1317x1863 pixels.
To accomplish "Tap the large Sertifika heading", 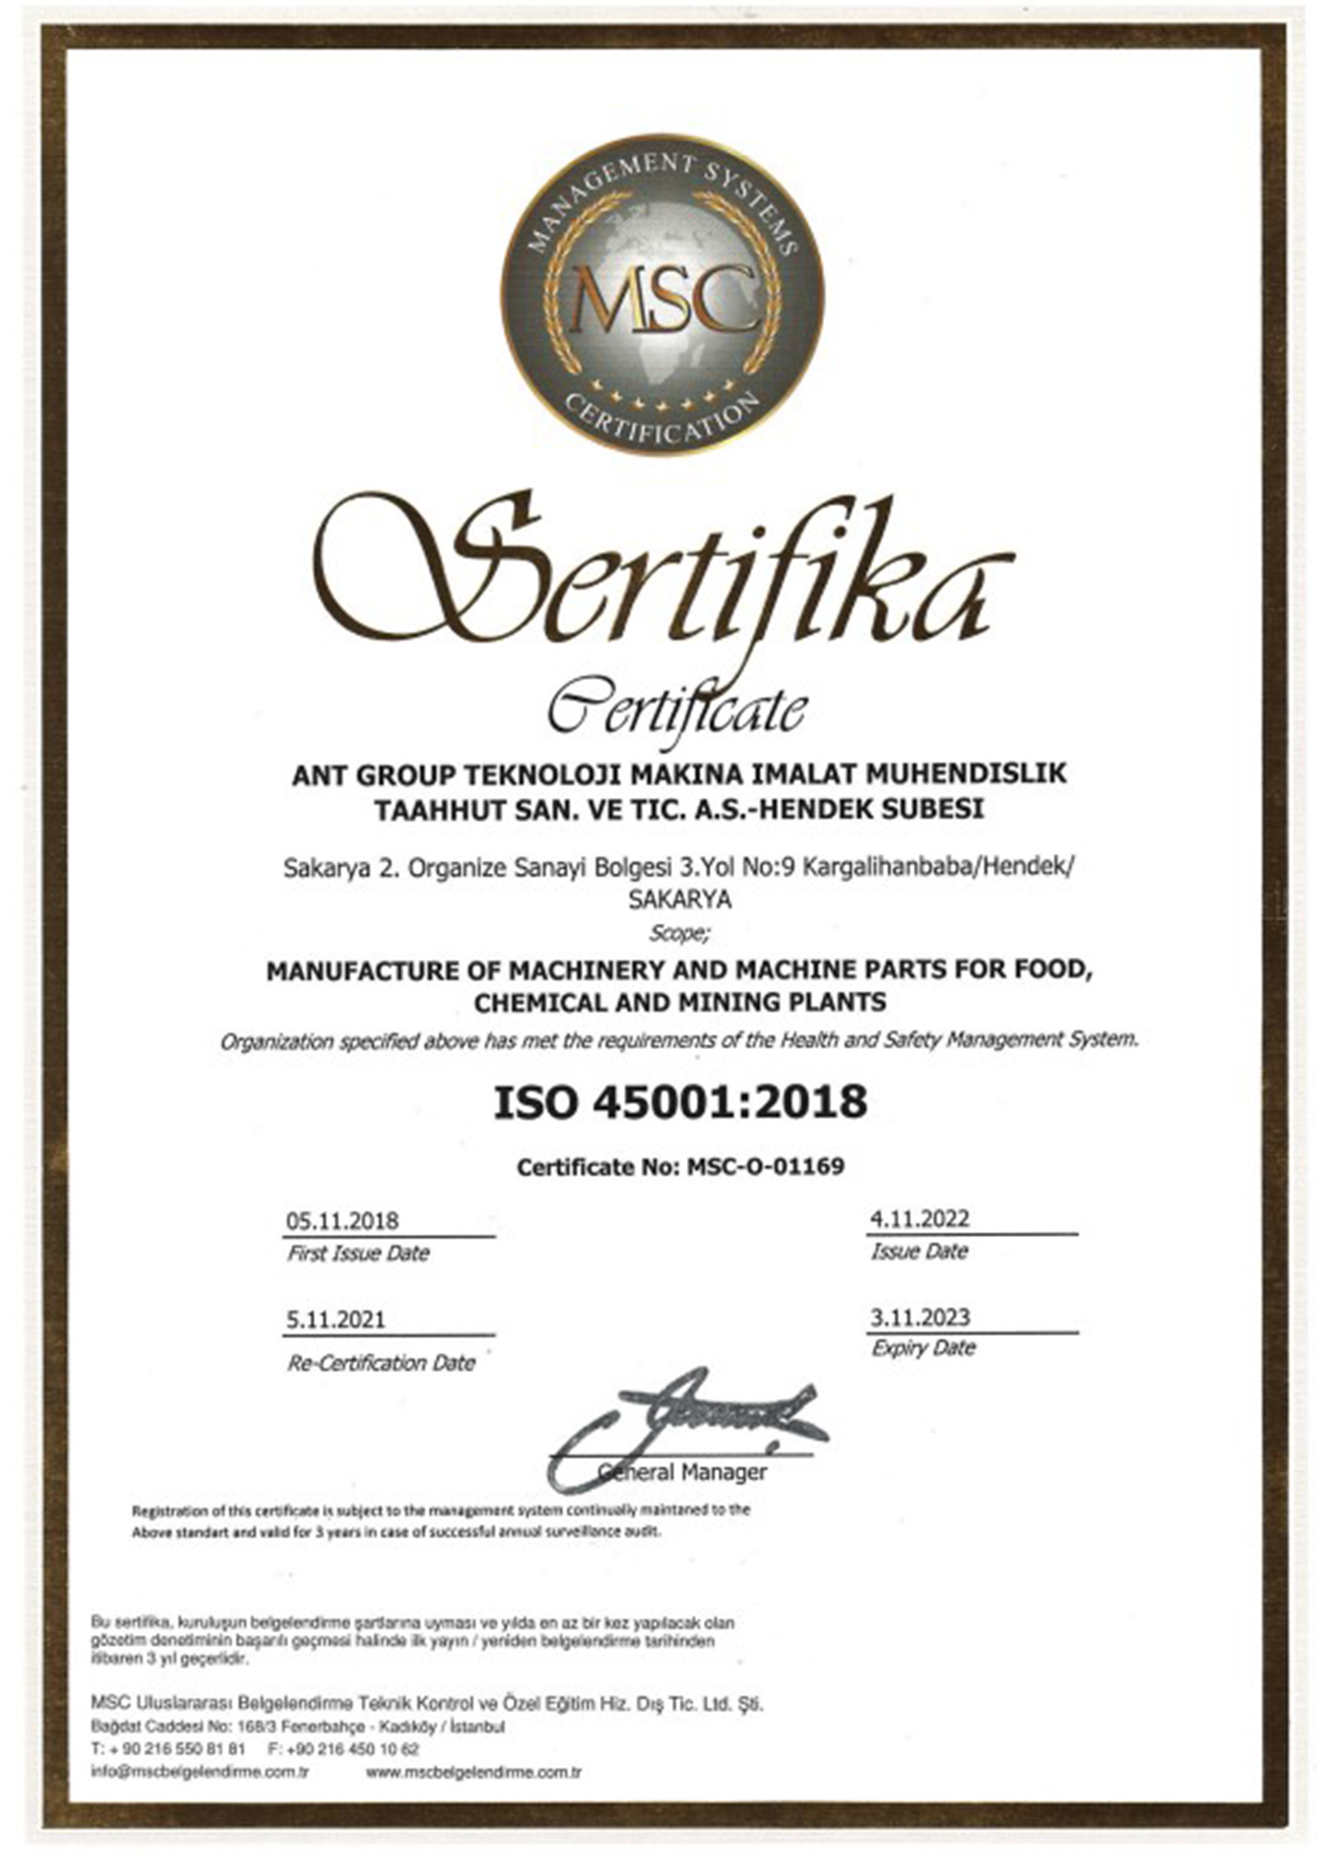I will pyautogui.click(x=661, y=573).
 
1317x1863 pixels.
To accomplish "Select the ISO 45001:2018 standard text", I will pyautogui.click(x=680, y=1102).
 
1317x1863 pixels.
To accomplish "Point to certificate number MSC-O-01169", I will pyautogui.click(x=765, y=1167).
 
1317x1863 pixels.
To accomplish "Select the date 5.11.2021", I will pyautogui.click(x=335, y=1319).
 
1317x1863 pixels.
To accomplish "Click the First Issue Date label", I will pyautogui.click(x=358, y=1254).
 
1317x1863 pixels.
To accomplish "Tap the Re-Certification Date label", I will pyautogui.click(x=381, y=1363).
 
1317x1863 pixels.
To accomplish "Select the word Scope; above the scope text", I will pyautogui.click(x=679, y=934).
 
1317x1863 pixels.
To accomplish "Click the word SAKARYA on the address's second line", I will pyautogui.click(x=679, y=900).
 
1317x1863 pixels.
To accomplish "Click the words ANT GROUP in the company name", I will pyautogui.click(x=372, y=776).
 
